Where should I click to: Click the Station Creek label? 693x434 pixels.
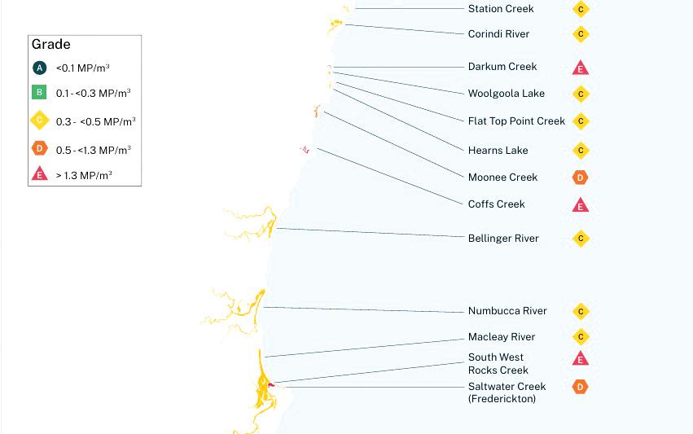click(501, 9)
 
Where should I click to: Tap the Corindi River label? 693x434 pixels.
click(498, 34)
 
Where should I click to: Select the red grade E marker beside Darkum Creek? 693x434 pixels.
click(581, 68)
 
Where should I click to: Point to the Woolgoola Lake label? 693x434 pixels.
click(506, 94)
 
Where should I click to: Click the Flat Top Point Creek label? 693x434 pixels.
click(516, 121)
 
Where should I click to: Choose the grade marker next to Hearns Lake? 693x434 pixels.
click(581, 151)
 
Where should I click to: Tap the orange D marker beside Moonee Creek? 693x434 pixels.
click(581, 178)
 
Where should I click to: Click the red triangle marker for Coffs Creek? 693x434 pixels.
click(581, 205)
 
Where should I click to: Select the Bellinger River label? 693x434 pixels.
click(503, 239)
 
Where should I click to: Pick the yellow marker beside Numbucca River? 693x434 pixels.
click(581, 312)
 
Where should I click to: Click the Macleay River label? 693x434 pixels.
click(502, 337)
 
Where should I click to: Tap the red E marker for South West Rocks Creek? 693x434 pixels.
click(581, 359)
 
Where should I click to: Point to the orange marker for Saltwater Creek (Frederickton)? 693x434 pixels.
click(581, 387)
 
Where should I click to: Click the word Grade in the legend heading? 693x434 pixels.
click(50, 45)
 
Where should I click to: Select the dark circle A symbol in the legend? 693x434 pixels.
click(40, 68)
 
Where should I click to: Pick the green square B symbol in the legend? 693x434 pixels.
click(40, 92)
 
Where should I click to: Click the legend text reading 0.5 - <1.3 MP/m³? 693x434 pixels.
click(93, 150)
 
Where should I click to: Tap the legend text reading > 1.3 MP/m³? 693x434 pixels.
click(84, 174)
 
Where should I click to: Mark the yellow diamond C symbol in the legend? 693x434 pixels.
click(40, 121)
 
